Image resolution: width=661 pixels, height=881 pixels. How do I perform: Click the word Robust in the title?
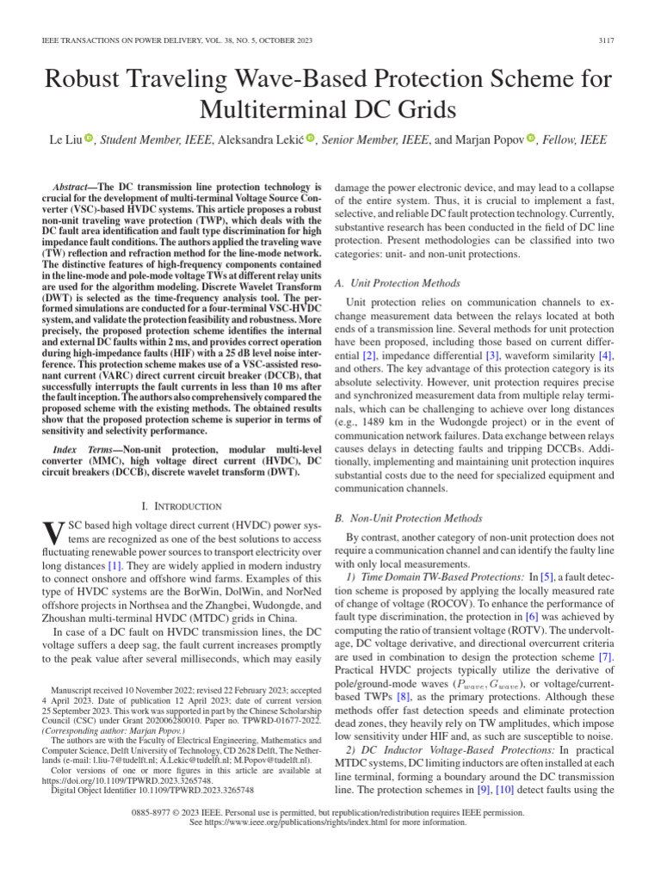(x=96, y=80)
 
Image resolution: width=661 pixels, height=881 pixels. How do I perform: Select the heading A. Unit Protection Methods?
(x=397, y=283)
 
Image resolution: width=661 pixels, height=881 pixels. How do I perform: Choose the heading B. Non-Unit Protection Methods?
(x=408, y=518)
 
